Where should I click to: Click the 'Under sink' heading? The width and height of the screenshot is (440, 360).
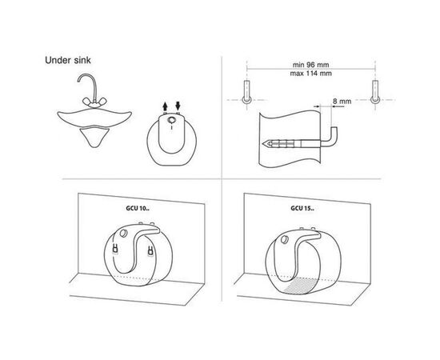tap(68, 60)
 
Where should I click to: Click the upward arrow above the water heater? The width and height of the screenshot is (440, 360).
tap(165, 106)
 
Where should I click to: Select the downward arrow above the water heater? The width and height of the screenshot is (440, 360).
tap(178, 106)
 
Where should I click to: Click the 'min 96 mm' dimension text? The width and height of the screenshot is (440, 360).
tap(310, 65)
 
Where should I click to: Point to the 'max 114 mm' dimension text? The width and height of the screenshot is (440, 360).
tap(310, 74)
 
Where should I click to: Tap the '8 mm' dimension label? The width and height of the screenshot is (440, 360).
tap(342, 101)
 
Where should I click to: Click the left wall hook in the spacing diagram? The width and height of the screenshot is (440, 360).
tap(246, 92)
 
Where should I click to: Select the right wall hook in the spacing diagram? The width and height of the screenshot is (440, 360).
tap(375, 92)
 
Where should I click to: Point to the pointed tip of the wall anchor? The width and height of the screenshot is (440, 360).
tap(263, 144)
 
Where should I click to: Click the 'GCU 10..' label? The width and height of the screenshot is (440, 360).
tap(138, 209)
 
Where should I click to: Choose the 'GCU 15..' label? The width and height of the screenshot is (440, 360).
tap(302, 209)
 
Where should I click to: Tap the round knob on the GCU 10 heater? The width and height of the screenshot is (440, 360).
tap(123, 233)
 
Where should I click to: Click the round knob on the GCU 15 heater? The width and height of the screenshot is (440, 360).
tap(285, 240)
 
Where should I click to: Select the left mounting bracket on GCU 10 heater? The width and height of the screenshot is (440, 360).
tap(115, 249)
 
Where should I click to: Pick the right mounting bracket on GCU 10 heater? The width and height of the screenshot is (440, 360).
tap(150, 251)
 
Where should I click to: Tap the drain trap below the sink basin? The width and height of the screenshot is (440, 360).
tap(94, 136)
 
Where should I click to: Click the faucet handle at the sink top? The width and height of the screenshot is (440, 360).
tap(94, 102)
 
